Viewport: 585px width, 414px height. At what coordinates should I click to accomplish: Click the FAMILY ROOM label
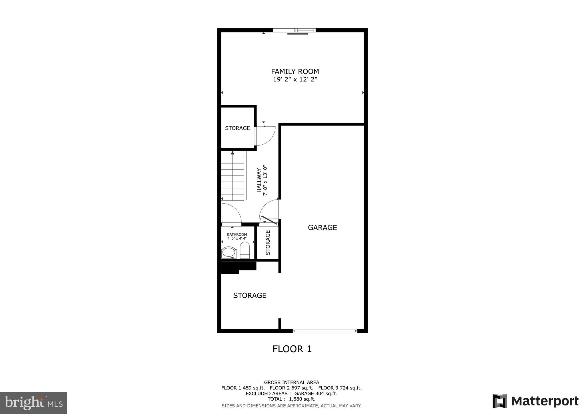[x=295, y=71]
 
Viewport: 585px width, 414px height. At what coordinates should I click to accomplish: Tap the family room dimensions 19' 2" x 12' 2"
[x=295, y=79]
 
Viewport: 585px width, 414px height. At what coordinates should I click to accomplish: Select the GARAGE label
[x=322, y=228]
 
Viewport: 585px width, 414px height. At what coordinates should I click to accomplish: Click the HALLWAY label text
[x=259, y=180]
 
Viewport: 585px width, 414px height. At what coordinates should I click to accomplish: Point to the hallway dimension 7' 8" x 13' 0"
[x=265, y=180]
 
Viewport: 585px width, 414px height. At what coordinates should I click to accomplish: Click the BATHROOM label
[x=237, y=234]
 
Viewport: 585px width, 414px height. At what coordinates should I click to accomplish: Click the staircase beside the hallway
[x=233, y=176]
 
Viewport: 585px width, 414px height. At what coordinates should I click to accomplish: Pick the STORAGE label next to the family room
[x=237, y=128]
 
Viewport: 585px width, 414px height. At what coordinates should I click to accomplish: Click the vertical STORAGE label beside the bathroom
[x=268, y=242]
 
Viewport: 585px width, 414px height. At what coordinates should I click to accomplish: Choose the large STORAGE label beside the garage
[x=250, y=296]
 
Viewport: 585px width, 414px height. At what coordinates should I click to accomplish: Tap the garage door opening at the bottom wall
[x=325, y=331]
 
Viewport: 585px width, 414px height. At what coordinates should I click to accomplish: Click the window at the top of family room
[x=294, y=30]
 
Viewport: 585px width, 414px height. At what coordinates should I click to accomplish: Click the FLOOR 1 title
[x=292, y=349]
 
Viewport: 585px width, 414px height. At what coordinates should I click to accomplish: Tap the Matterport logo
[x=535, y=401]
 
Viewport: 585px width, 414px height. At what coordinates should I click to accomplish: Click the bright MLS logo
[x=33, y=403]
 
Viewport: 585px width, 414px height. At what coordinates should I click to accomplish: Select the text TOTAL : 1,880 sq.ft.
[x=291, y=399]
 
